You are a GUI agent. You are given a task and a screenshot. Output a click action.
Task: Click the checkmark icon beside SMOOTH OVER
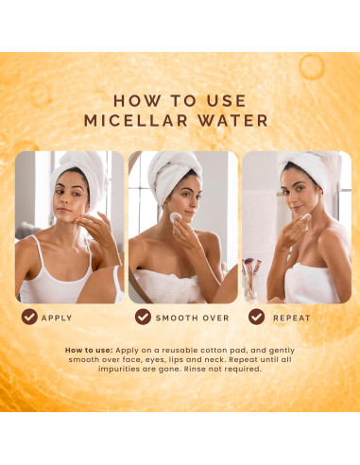(143, 317)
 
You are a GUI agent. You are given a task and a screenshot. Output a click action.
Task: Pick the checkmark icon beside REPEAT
(257, 317)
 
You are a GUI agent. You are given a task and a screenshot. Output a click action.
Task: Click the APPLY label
(57, 318)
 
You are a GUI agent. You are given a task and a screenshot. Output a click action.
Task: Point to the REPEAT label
(292, 318)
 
